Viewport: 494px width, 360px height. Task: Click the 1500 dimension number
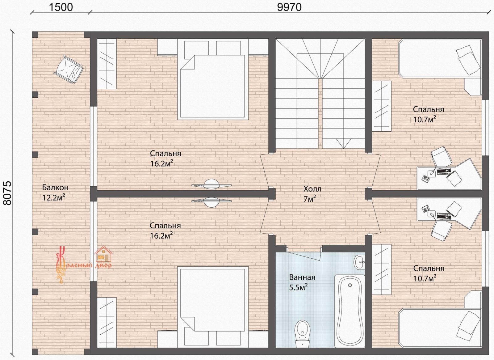61,7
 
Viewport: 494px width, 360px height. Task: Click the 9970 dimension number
289,7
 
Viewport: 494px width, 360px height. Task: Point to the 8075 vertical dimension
7,193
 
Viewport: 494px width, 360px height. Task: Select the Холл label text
312,189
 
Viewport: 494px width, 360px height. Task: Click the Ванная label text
302,277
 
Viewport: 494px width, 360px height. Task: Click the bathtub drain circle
350,286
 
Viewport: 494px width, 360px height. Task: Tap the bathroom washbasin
359,262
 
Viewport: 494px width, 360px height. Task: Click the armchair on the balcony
69,69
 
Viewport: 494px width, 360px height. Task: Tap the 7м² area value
310,199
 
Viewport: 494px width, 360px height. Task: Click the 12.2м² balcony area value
54,197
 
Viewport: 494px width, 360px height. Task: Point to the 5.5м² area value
298,287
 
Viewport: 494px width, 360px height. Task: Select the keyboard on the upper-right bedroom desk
443,172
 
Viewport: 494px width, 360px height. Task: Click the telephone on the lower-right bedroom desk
425,209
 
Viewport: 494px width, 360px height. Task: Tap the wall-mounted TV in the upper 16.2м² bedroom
211,184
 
